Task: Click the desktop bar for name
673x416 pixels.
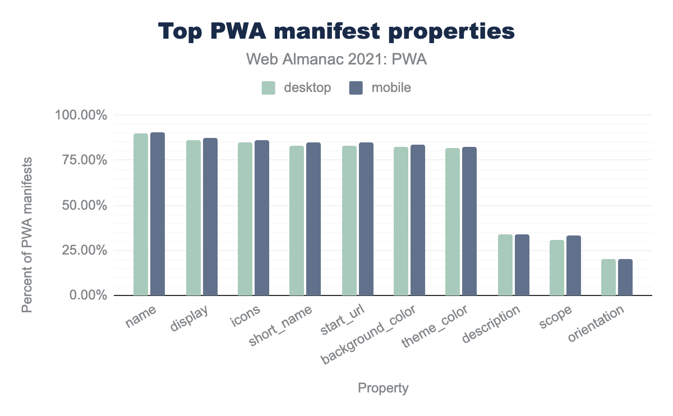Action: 141,215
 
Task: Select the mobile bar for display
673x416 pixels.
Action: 210,217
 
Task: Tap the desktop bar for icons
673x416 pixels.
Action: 245,219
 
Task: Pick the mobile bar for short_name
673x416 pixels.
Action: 314,219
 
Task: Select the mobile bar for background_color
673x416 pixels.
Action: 418,220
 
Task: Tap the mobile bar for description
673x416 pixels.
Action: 522,265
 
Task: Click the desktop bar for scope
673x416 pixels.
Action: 557,268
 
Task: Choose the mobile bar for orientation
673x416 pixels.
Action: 625,277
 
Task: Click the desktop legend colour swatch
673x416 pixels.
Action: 268,88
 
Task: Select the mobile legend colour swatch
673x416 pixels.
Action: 356,88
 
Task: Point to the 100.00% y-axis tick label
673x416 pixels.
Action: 81,115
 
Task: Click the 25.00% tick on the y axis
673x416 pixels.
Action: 84,250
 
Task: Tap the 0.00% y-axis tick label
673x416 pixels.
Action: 87,295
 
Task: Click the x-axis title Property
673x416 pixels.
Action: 383,388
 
